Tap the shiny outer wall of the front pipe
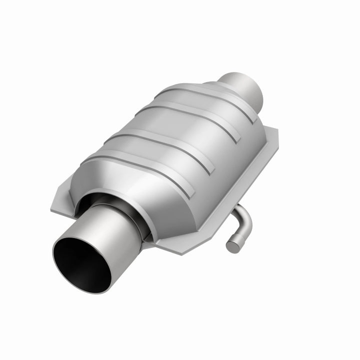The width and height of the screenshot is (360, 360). click(117, 235)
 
